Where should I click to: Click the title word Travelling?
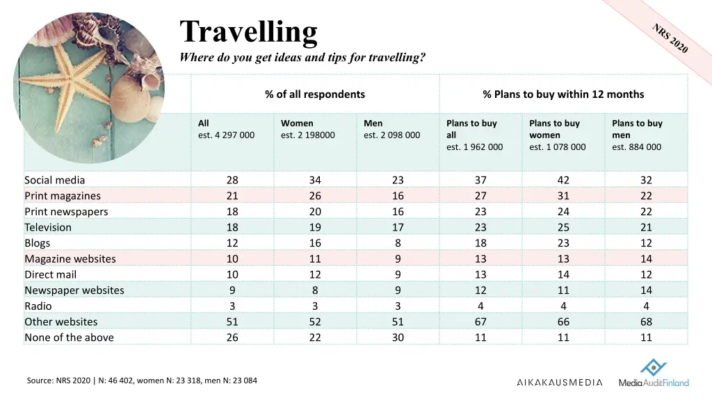(248, 32)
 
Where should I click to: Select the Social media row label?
(55, 180)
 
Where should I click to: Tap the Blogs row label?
(38, 243)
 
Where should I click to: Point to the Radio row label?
(38, 306)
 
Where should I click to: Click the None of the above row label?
(69, 337)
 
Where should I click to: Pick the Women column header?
(297, 123)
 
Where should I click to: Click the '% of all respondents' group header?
(314, 94)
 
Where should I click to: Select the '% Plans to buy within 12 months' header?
(563, 94)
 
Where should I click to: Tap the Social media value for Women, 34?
(315, 180)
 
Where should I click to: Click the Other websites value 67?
(480, 322)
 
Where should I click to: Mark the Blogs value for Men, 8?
(398, 243)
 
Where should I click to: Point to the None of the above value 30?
(398, 337)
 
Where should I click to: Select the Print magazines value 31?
(563, 196)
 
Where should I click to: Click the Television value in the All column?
(232, 227)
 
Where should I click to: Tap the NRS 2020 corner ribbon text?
(670, 38)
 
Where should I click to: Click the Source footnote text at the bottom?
(142, 380)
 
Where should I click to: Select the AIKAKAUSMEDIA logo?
(560, 382)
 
